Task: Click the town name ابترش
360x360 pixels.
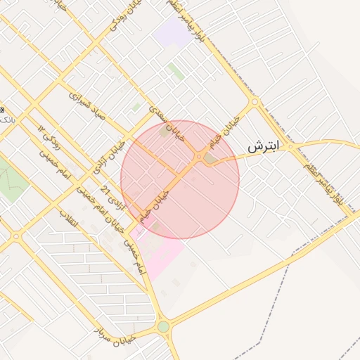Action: click(264, 146)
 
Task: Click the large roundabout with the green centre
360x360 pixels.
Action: click(164, 327)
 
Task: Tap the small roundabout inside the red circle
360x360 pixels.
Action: click(200, 156)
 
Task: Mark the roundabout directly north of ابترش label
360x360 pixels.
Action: click(255, 102)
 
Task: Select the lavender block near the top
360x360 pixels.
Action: click(172, 32)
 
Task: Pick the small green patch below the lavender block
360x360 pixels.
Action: click(175, 70)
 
